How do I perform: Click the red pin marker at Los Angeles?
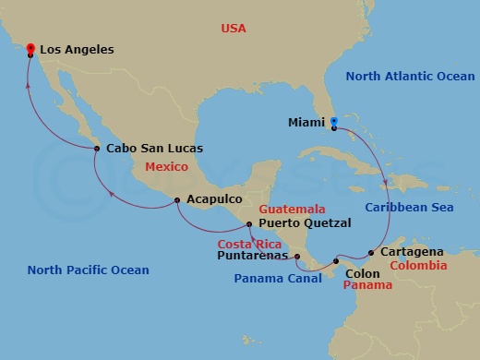pyautogui.click(x=30, y=49)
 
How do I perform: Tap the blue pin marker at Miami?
pyautogui.click(x=333, y=121)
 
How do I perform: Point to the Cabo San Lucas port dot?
pyautogui.click(x=97, y=148)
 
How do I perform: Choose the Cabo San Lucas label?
pyautogui.click(x=155, y=148)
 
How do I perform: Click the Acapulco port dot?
pyautogui.click(x=177, y=200)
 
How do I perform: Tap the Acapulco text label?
pyautogui.click(x=214, y=199)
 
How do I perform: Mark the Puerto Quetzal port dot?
pyautogui.click(x=249, y=223)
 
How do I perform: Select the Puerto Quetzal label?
pyautogui.click(x=305, y=222)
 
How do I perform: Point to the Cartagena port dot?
pyautogui.click(x=371, y=252)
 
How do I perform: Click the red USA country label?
pyautogui.click(x=234, y=29)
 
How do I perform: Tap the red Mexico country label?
pyautogui.click(x=166, y=167)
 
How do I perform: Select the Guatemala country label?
pyautogui.click(x=293, y=209)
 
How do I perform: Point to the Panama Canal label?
pyautogui.click(x=270, y=277)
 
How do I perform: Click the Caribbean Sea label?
pyautogui.click(x=409, y=208)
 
